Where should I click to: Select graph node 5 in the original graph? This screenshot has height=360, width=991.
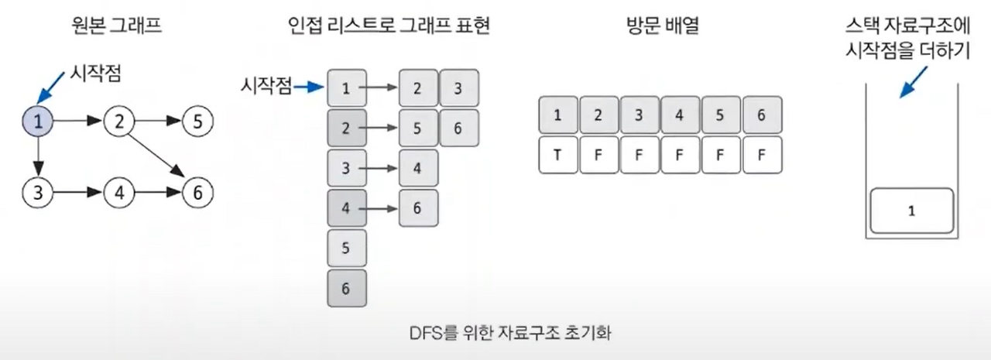[198, 122]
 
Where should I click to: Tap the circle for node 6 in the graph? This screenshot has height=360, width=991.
[198, 192]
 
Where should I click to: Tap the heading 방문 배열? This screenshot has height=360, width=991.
[660, 28]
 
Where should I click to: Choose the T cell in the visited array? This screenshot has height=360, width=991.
[557, 155]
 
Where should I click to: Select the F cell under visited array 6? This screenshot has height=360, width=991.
[762, 155]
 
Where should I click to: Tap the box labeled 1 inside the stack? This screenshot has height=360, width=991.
[911, 211]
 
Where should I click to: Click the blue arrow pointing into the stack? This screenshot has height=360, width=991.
[912, 81]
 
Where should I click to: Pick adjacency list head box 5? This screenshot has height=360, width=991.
[346, 249]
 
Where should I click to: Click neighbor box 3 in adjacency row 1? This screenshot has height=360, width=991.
[458, 88]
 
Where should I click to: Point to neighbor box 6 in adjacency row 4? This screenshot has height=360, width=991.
[418, 208]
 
